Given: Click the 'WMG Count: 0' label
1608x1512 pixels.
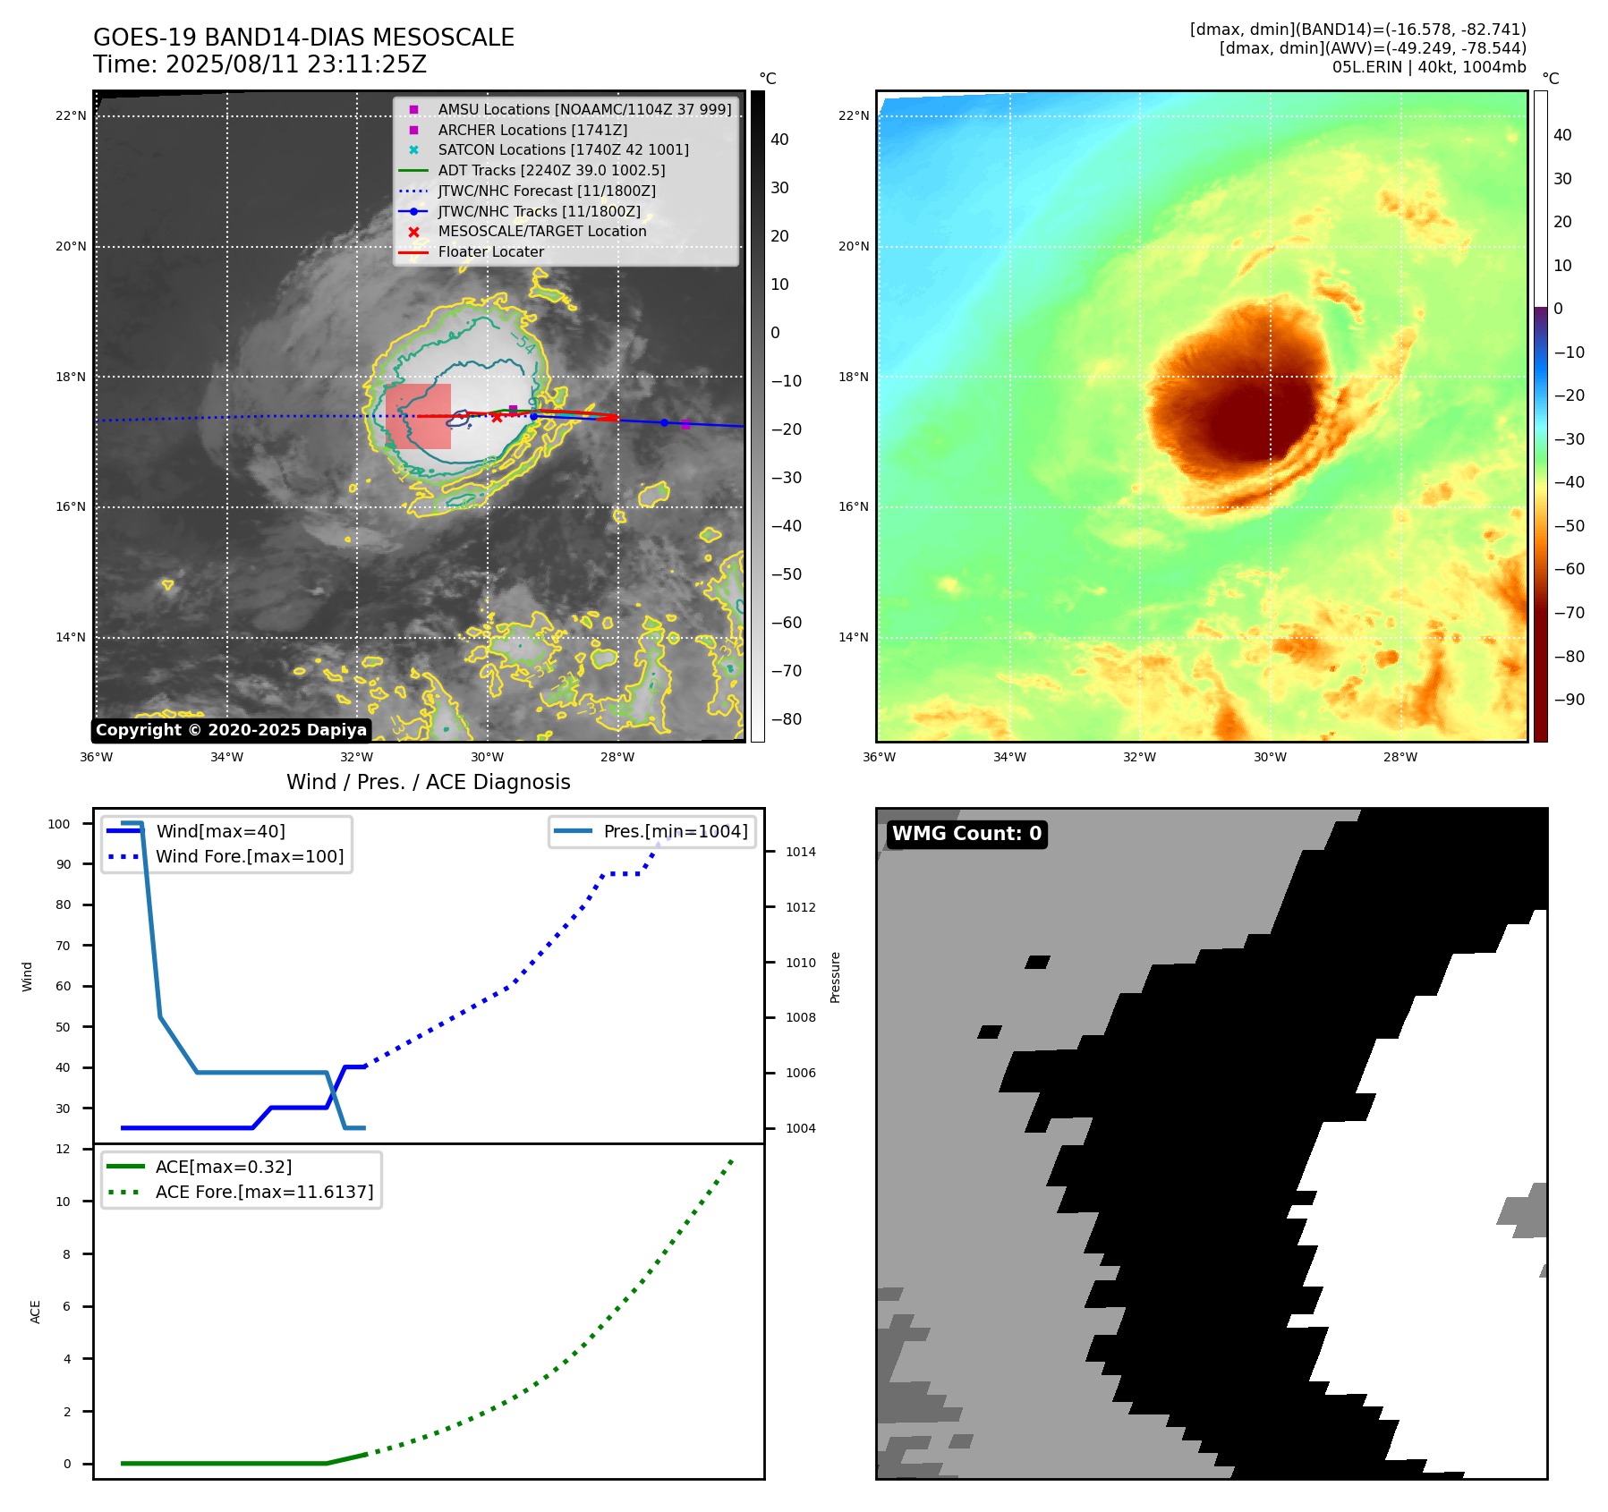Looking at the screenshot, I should click(x=966, y=834).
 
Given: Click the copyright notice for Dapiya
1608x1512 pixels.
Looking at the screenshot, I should click(x=231, y=730).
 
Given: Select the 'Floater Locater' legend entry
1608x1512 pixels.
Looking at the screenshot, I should click(x=490, y=252).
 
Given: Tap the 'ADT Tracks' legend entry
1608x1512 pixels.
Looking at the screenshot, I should click(x=551, y=170).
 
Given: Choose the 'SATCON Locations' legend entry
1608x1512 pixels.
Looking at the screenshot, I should click(x=563, y=150).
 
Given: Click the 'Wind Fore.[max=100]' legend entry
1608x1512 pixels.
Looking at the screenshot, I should click(x=249, y=856).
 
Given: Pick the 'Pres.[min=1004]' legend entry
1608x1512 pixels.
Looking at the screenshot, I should click(x=675, y=831).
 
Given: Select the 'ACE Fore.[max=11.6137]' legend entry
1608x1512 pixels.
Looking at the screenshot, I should click(x=264, y=1192).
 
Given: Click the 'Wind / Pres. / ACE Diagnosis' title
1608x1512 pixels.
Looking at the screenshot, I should click(x=428, y=782).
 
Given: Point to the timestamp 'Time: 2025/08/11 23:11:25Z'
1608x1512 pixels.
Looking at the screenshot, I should click(x=259, y=64).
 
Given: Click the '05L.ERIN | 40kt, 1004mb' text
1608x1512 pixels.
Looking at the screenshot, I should click(x=1429, y=67).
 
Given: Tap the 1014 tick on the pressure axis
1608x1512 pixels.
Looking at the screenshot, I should click(x=800, y=852).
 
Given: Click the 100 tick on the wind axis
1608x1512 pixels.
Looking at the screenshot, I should click(x=59, y=824).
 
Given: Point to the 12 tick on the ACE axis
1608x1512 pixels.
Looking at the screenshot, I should click(x=63, y=1149).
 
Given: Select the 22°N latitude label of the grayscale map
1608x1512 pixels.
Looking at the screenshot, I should click(x=71, y=116).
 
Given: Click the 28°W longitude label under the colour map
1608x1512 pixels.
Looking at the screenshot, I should click(x=1400, y=757).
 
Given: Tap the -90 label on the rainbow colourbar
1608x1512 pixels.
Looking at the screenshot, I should click(x=1569, y=700).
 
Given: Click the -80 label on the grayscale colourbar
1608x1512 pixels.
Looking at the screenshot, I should click(x=787, y=719).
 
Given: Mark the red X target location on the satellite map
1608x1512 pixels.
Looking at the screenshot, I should click(x=497, y=418).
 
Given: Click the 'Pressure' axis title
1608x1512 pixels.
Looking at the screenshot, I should click(x=835, y=977).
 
